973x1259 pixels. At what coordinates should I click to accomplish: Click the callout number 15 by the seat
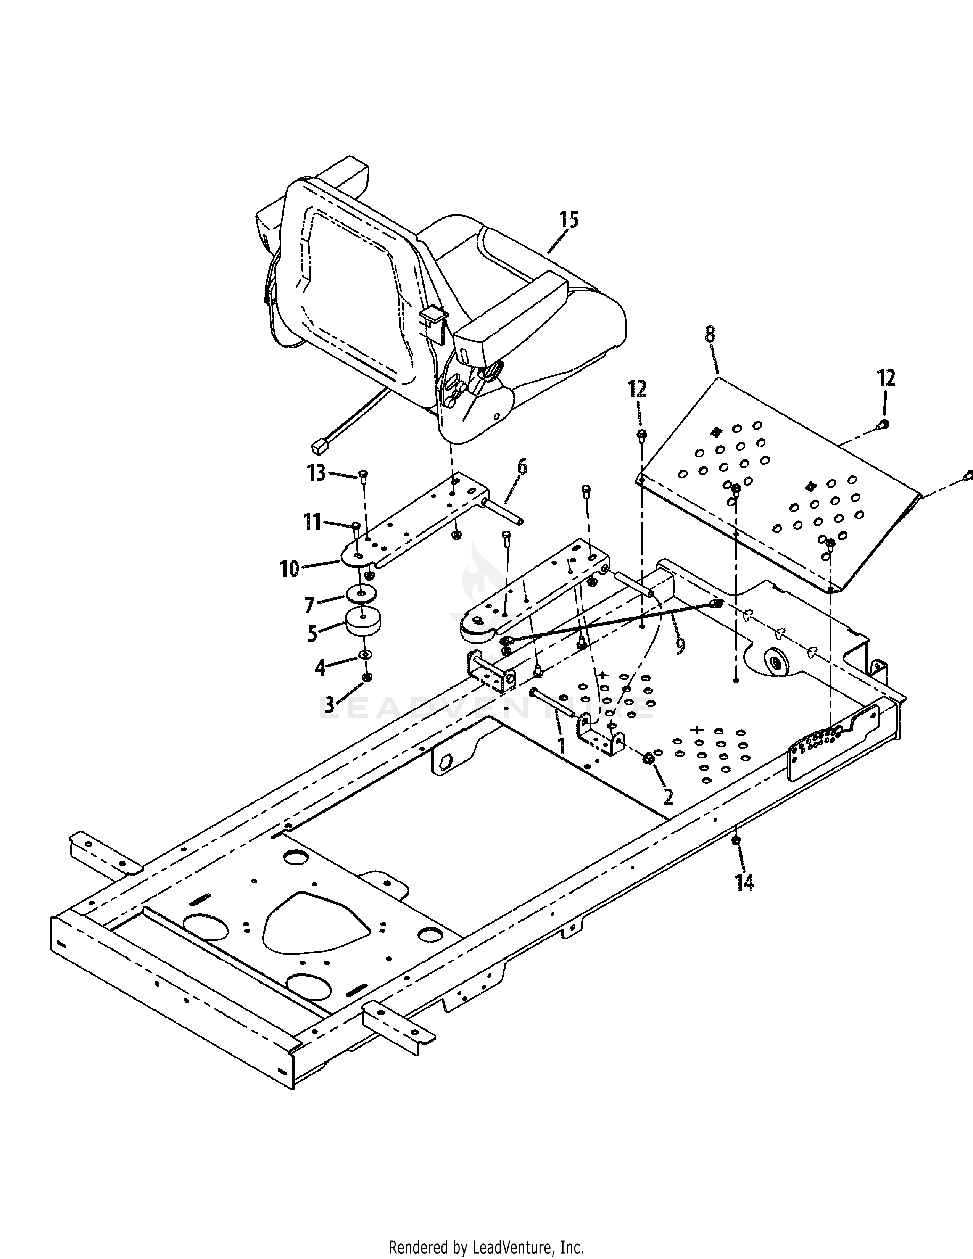point(569,221)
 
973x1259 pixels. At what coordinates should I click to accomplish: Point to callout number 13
point(316,473)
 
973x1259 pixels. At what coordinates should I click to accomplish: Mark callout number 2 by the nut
point(668,797)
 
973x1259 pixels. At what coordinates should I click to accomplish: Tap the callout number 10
point(290,570)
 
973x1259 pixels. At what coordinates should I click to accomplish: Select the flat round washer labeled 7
point(361,594)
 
